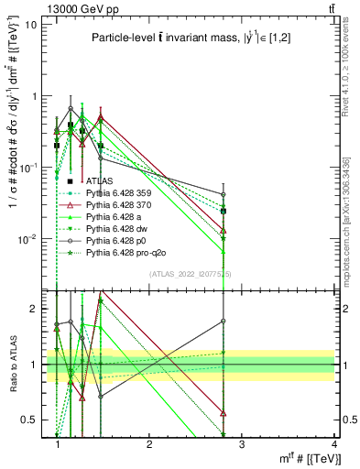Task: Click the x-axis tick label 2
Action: [150, 445]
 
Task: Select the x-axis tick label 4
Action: [334, 445]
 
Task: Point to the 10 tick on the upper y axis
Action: [35, 24]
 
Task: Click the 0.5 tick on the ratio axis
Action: [33, 420]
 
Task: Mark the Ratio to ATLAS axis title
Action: [12, 365]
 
